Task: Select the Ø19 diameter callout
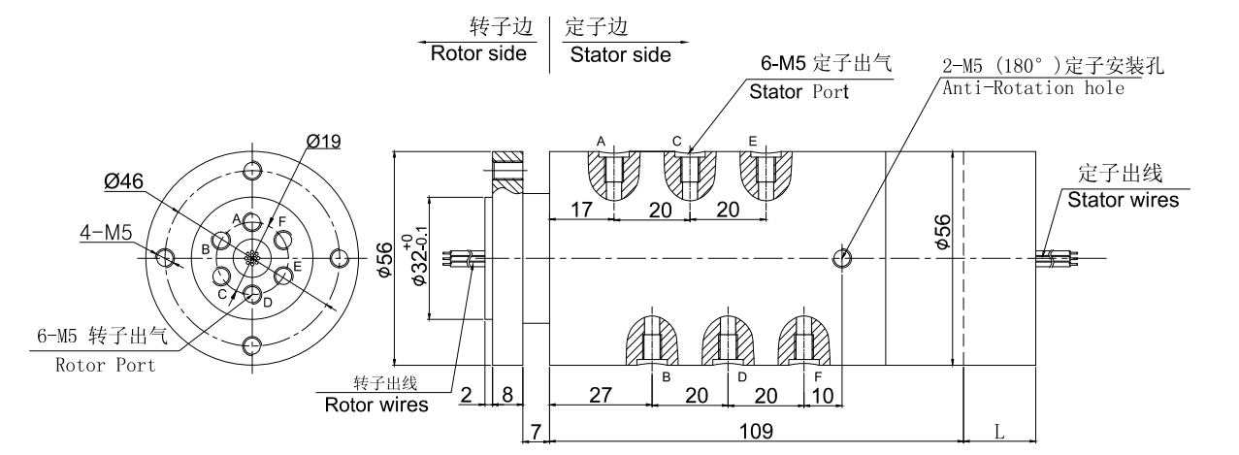(x=323, y=141)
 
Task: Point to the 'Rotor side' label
(x=478, y=54)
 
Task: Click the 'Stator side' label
(x=620, y=54)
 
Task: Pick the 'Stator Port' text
(x=799, y=93)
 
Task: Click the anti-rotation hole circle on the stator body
(x=843, y=258)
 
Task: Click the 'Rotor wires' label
(x=376, y=405)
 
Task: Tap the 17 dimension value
(x=581, y=208)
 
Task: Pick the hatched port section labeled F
(x=804, y=340)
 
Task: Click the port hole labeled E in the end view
(x=283, y=276)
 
